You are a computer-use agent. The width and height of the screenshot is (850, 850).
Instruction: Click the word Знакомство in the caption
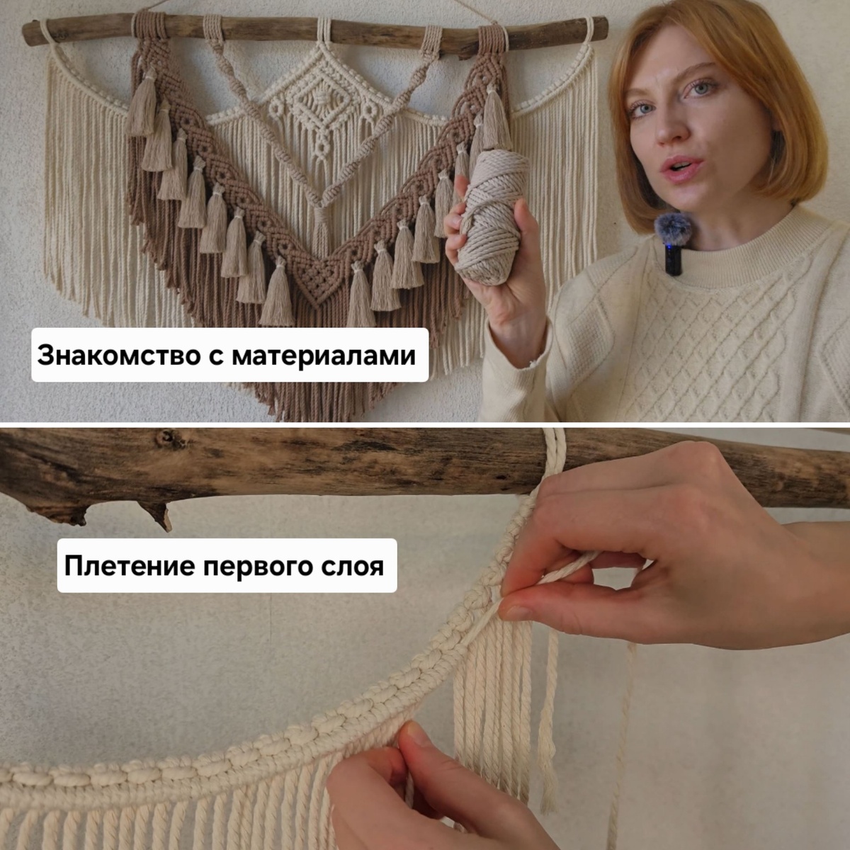[x=119, y=356]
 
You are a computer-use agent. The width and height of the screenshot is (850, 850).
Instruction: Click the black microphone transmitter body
[x=674, y=259]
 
